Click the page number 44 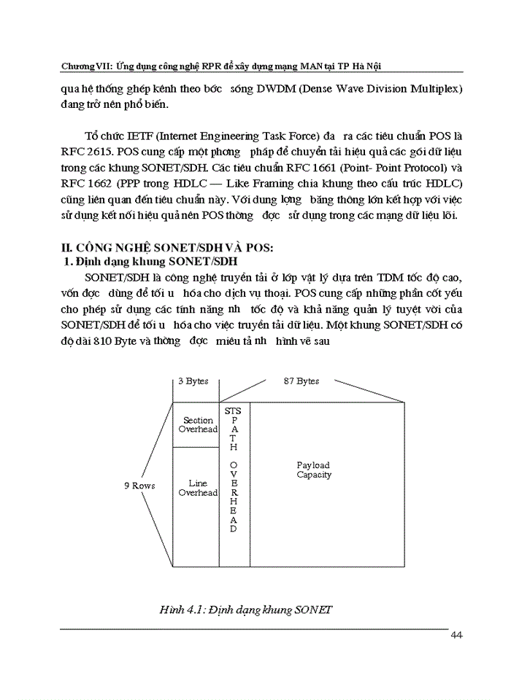(x=456, y=635)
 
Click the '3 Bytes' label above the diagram (x=193, y=381)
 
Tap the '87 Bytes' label (x=301, y=381)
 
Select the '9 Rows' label (x=139, y=486)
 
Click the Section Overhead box (x=198, y=425)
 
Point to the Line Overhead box (x=198, y=488)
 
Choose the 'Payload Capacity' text (x=313, y=470)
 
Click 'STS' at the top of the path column (x=233, y=411)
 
